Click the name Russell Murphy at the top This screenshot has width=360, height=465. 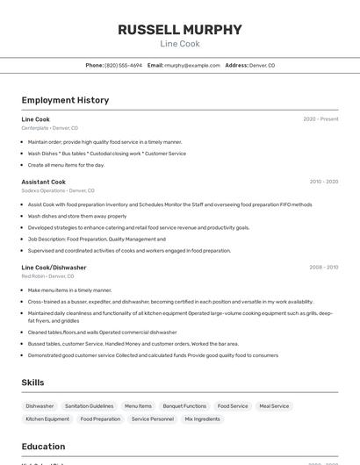coord(180,29)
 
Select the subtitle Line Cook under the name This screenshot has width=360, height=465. coord(180,44)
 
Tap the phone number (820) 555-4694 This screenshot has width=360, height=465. coord(123,66)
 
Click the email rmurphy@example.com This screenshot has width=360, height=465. coord(191,66)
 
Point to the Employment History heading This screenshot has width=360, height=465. coord(65,100)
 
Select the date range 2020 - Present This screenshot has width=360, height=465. coord(320,119)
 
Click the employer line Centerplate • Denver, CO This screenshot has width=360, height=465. coord(49,128)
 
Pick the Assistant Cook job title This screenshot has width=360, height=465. coord(44,182)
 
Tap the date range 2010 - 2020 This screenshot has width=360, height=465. coord(323,182)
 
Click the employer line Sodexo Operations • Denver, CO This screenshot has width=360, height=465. coord(58,190)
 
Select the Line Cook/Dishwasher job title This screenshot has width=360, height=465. coord(54,267)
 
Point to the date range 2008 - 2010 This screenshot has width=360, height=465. coord(323,267)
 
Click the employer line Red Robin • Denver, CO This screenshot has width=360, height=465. coord(47,275)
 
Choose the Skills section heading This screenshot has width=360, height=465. coord(33,383)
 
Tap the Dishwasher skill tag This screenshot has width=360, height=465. coord(40,406)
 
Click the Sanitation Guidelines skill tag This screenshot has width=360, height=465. coord(89,406)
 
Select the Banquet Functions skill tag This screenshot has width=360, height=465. coord(184,406)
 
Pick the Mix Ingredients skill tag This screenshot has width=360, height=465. coord(202,419)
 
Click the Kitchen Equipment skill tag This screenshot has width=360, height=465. coord(47,419)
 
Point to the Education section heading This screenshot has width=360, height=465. coord(43,447)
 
